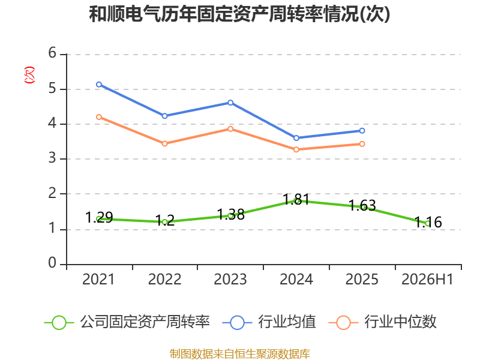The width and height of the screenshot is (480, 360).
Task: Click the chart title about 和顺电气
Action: [239, 14]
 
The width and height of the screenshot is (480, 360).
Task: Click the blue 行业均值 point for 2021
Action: [99, 85]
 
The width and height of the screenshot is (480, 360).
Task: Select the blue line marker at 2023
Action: [230, 103]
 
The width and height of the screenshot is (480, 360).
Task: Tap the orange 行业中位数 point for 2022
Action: [164, 143]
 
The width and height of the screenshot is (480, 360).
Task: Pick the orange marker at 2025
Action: [362, 144]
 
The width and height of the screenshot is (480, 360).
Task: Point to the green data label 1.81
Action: [296, 199]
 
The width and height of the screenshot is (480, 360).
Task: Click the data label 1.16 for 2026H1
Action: [428, 222]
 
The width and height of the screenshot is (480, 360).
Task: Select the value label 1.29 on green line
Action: [99, 218]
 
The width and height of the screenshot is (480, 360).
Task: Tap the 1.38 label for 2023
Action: [230, 215]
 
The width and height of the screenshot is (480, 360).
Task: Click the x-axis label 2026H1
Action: [427, 280]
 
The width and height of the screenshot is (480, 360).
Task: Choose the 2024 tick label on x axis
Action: [296, 280]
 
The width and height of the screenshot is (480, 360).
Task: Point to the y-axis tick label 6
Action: [52, 53]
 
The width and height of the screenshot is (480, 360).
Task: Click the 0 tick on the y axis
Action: [52, 263]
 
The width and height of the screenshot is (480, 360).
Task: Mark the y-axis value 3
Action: [52, 158]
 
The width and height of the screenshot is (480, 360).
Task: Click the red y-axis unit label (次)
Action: [29, 75]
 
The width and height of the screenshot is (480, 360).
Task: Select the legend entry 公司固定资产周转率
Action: [127, 322]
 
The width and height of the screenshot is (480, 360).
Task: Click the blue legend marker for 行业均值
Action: [237, 323]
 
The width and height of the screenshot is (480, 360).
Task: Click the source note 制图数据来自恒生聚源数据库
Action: [240, 354]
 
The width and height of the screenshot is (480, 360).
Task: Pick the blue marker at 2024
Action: [296, 138]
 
